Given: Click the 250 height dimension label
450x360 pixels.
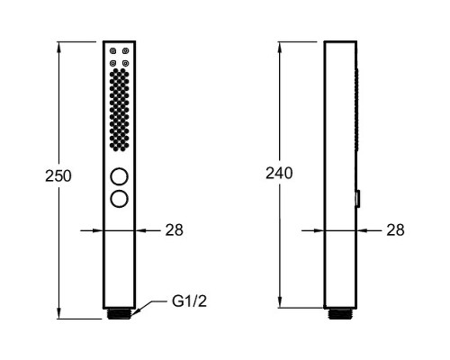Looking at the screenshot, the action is (x=58, y=175).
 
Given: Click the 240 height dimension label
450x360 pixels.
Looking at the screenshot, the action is (x=279, y=173).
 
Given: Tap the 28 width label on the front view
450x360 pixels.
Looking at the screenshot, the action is (x=174, y=230).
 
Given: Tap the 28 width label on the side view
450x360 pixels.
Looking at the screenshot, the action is (x=395, y=230).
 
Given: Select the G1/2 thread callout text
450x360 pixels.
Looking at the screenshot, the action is (x=190, y=301).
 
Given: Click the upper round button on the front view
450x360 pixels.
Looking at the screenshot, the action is (x=119, y=176).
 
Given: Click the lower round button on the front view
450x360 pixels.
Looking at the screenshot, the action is (x=119, y=199).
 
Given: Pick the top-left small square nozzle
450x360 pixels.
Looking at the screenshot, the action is (x=113, y=51).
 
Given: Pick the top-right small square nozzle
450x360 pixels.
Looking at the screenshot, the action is (x=126, y=51).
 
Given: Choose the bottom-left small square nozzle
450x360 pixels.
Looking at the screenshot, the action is (x=113, y=63).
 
